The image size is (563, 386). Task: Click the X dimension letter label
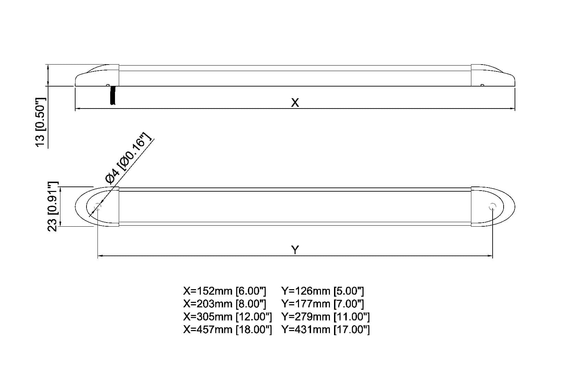point(295,102)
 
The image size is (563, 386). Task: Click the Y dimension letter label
point(295,249)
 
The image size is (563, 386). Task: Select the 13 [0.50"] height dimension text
point(41,122)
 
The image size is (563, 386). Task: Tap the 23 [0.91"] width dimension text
point(52,207)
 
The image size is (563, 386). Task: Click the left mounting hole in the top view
point(98,207)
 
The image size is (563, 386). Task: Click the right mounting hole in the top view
point(493,207)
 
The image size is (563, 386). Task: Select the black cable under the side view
point(112,95)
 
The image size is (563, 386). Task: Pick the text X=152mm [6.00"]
point(225,291)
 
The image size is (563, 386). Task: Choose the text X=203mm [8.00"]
point(225,304)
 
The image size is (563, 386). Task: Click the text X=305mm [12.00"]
point(228,317)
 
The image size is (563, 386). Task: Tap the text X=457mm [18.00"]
point(228,330)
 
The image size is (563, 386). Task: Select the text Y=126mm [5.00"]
point(323,291)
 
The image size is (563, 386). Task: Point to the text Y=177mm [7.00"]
point(323,304)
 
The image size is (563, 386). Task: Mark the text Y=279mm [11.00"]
point(325,317)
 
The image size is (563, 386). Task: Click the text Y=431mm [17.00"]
point(325,330)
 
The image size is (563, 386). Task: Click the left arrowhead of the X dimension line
point(77,109)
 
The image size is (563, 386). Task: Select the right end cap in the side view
point(493,76)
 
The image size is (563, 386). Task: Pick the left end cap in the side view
point(97,76)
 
